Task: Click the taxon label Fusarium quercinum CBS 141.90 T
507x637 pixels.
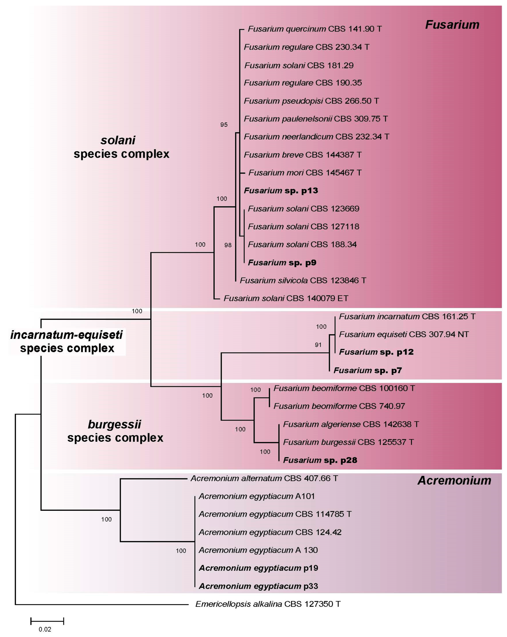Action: tap(314, 29)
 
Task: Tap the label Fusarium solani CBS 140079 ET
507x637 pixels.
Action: tap(286, 298)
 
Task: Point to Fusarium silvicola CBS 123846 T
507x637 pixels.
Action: tap(303, 280)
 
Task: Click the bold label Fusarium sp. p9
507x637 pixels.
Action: tap(282, 262)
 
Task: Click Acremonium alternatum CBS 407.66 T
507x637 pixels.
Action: tap(264, 478)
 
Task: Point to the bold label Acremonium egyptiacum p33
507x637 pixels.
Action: tap(258, 586)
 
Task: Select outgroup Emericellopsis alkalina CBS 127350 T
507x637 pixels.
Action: tap(268, 604)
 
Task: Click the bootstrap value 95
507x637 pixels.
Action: tap(224, 125)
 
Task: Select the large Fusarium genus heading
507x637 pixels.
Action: tap(452, 25)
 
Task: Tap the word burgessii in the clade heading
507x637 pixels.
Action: tap(115, 424)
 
